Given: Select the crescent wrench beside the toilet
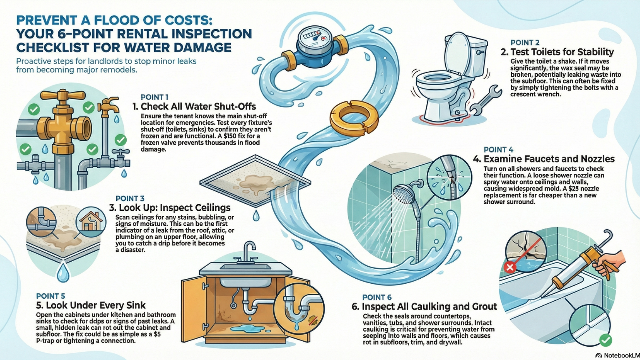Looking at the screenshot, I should click(485, 100).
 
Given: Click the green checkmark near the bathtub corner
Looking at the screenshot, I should click(605, 340).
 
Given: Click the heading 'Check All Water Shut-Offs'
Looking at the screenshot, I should click(198, 107).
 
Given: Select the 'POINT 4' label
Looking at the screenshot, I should click(498, 150).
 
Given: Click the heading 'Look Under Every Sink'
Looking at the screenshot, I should click(91, 305).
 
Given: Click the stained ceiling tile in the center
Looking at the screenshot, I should click(255, 182).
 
